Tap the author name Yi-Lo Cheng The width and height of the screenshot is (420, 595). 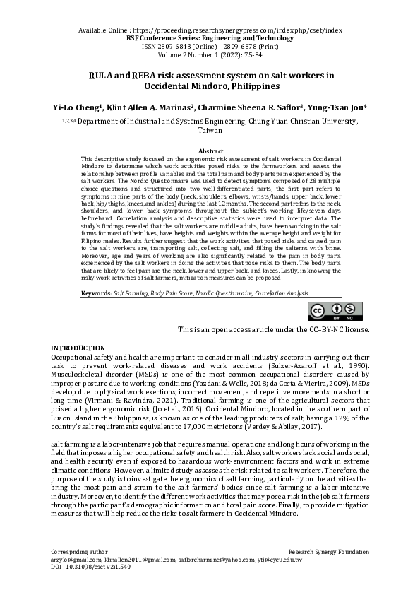[78, 108]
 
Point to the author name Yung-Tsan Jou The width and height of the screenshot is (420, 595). [338, 108]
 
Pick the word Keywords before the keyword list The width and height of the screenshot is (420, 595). [96, 292]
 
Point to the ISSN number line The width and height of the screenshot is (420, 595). [210, 47]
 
